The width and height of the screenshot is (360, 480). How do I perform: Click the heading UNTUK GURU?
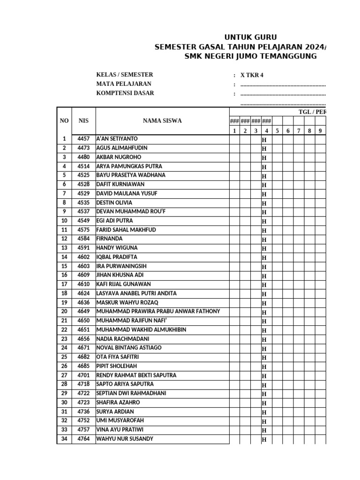click(250, 37)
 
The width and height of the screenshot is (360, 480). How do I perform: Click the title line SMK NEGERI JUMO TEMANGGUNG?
click(250, 56)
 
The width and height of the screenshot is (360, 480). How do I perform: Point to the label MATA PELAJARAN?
click(124, 84)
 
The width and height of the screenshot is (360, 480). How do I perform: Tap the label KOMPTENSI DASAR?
click(125, 93)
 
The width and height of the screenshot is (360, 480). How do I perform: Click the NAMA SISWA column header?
click(162, 121)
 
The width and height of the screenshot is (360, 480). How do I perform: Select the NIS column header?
click(83, 121)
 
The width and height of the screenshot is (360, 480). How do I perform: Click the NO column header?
click(64, 121)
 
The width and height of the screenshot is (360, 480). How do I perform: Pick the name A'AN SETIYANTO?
click(117, 139)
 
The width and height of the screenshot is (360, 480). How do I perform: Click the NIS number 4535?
click(83, 202)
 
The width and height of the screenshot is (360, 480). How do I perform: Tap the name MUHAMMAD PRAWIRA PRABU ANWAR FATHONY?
click(158, 312)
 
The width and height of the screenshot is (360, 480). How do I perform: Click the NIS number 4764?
click(83, 439)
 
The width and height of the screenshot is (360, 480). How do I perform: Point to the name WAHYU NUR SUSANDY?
click(125, 439)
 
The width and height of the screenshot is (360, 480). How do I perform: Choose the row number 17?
click(64, 284)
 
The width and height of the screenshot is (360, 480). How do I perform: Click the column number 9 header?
click(320, 131)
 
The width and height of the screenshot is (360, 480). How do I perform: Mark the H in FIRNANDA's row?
click(264, 240)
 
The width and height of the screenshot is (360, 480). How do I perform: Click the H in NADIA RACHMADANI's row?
click(264, 339)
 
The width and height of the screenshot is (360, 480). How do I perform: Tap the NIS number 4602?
click(83, 257)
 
